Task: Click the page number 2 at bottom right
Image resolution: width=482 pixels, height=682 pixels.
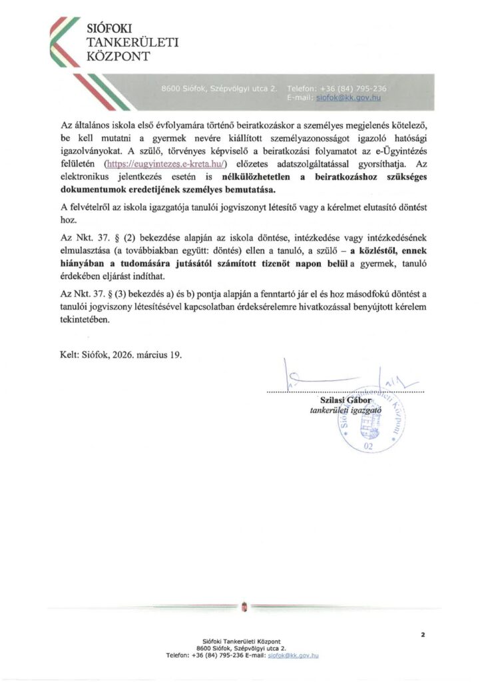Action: pos(423,635)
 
